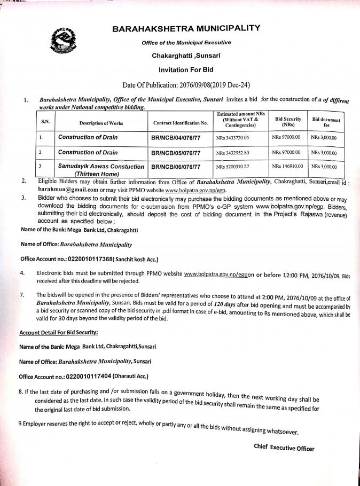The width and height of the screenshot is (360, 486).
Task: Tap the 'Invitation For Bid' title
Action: [186, 70]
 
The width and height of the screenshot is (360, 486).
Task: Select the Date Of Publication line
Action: [186, 85]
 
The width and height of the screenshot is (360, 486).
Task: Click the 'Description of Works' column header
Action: [101, 123]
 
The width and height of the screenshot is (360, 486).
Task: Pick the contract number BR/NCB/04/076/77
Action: [177, 138]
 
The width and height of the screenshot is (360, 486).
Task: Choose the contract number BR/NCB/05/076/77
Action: [177, 153]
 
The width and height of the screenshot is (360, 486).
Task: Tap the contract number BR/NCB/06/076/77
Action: [177, 167]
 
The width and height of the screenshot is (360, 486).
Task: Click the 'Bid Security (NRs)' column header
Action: [288, 122]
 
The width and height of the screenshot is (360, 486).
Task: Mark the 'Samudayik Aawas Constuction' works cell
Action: [101, 170]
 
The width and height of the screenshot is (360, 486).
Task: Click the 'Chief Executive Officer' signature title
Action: [284, 448]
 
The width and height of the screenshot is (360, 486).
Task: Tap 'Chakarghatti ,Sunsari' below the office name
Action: [186, 55]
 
